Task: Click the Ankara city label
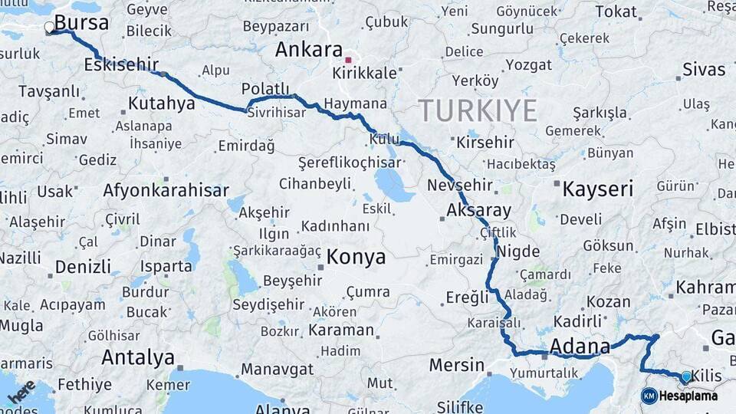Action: point(308,51)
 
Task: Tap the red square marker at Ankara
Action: point(348,59)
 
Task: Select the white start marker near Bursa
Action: point(50,28)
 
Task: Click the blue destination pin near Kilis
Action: point(686,376)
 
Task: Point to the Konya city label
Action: point(356,258)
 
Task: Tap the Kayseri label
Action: point(598,189)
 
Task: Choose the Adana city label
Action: point(580,347)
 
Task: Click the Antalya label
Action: point(138,357)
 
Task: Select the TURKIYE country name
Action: point(478,111)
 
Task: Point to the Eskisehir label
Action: point(121,64)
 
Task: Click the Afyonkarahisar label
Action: point(166,191)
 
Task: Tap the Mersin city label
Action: point(457,365)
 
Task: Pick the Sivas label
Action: point(703,70)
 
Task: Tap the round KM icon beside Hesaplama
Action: point(649,396)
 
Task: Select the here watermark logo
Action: point(21,391)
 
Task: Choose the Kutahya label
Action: point(162,103)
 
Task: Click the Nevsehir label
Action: point(459,186)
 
